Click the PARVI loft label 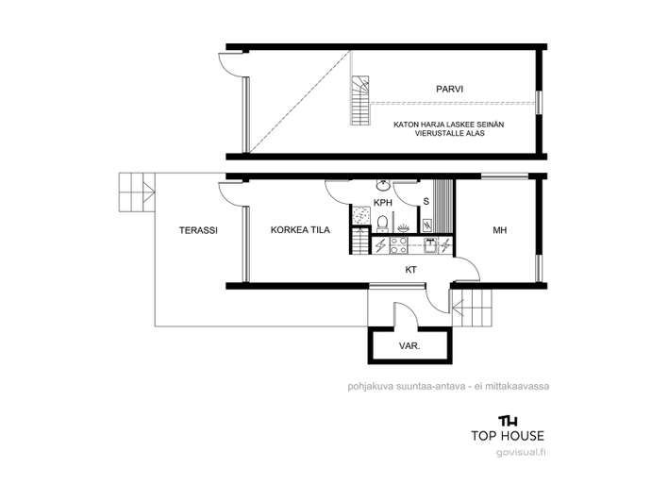(x=449, y=89)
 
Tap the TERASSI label (x=198, y=230)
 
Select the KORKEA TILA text (x=300, y=230)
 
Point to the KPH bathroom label (x=382, y=203)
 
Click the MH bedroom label (x=500, y=230)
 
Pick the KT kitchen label (x=410, y=270)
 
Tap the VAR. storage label (x=409, y=346)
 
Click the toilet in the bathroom (x=382, y=224)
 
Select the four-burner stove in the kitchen (x=399, y=245)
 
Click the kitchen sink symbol (x=430, y=245)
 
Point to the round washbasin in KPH (x=383, y=185)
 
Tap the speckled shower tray (x=360, y=215)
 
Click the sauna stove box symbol (x=427, y=225)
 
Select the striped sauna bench (x=443, y=207)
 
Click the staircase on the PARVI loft (x=360, y=101)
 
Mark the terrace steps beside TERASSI (x=136, y=192)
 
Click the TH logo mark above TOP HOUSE (x=508, y=421)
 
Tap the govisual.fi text (x=521, y=452)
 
